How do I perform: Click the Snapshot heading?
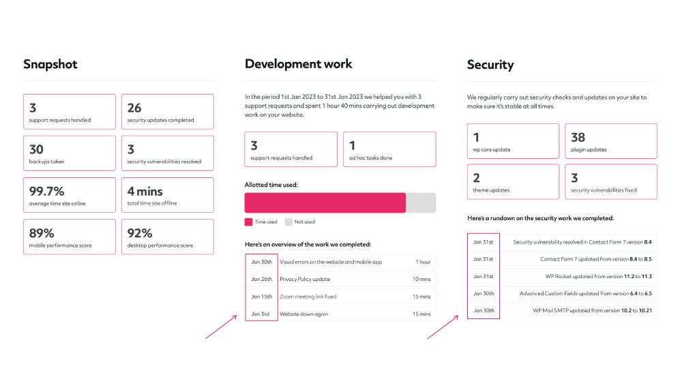coord(50,64)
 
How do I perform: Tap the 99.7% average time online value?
coord(46,192)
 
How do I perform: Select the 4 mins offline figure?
coord(145,192)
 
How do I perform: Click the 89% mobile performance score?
coord(42,233)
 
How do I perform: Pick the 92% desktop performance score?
coord(140,233)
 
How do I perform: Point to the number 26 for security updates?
coord(134,108)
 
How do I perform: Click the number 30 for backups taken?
coord(36,149)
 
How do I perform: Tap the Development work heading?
coord(299,64)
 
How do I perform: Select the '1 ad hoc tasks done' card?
coord(389,149)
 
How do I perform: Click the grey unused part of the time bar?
coord(421,203)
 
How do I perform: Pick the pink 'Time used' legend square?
coord(248,222)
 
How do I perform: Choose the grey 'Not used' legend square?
coord(288,222)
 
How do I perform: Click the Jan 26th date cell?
coord(261,279)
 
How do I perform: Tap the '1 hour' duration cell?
coord(423,262)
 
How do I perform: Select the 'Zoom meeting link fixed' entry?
coord(308,297)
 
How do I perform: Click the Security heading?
coord(490,65)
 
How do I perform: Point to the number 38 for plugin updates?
coord(578,137)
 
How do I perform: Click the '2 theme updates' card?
coord(514,181)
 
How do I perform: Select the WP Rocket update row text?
coord(599,276)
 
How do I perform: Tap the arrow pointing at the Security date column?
coord(443,327)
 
